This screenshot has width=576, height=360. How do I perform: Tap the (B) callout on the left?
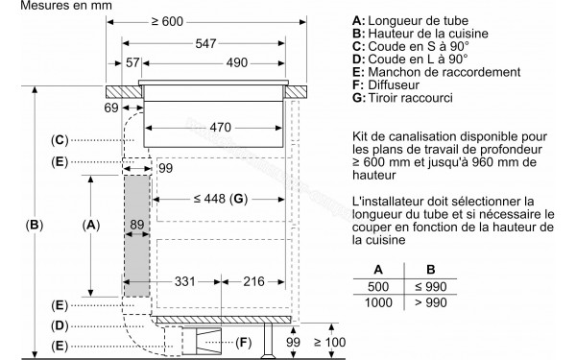[35, 227]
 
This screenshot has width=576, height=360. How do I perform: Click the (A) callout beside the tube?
[91, 226]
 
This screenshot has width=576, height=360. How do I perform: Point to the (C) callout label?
[60, 140]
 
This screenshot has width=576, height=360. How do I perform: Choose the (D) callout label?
[60, 325]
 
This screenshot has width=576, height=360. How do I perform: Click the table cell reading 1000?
[378, 303]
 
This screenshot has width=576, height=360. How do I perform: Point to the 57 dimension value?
[132, 62]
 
